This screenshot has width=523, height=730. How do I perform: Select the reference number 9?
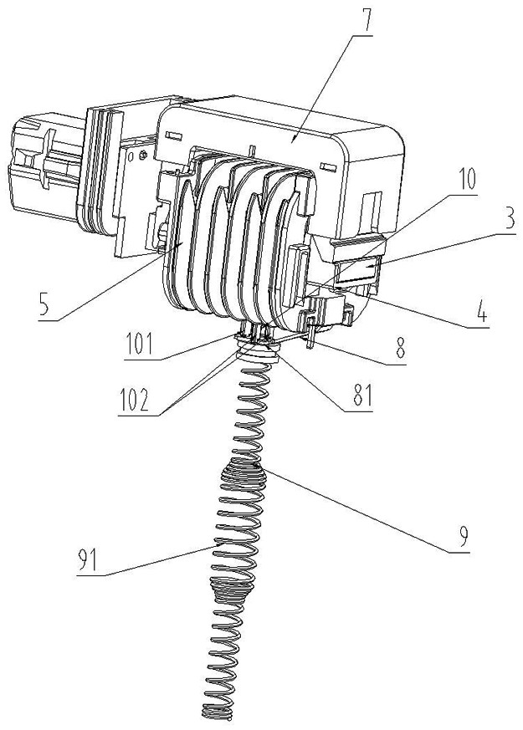[x=459, y=538]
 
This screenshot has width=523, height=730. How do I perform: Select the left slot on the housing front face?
[x=172, y=136]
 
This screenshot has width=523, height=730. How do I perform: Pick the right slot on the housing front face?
[x=328, y=166]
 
